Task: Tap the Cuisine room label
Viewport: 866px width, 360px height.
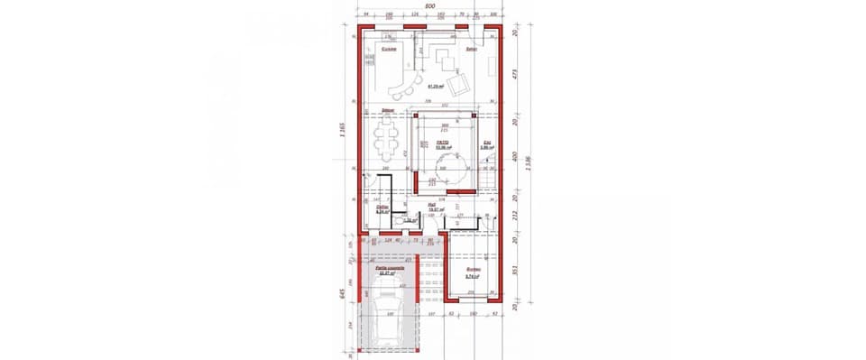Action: point(389,50)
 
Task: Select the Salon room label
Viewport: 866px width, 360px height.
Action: point(470,50)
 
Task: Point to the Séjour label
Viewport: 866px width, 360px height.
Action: point(387,110)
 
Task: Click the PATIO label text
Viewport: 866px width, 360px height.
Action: point(443,143)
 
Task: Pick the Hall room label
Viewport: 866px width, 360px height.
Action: point(433,205)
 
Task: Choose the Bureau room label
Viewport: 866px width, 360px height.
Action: point(472,270)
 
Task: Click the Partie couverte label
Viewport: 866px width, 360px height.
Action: point(391,268)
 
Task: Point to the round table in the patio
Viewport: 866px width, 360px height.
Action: point(451,167)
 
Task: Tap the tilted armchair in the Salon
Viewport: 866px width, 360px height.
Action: point(460,84)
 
